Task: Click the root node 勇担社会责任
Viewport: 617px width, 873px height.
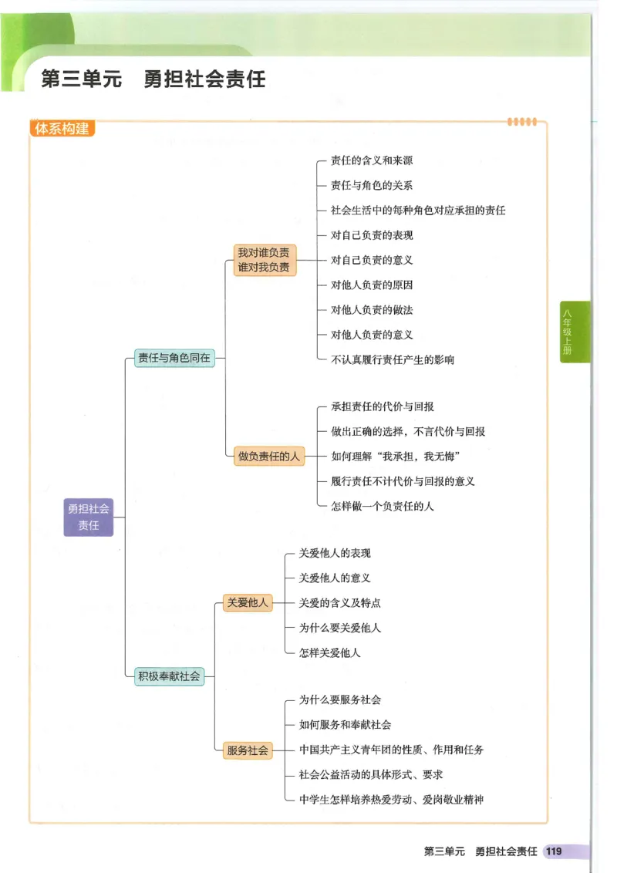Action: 89,517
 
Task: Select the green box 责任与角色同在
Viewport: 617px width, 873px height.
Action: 174,358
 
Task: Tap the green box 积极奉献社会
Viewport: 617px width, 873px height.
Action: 170,676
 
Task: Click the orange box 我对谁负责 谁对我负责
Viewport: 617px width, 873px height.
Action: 264,260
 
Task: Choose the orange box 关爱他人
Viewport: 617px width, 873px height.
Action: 248,602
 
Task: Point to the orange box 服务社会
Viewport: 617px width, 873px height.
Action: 248,750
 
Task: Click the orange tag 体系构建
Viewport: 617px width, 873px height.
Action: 62,129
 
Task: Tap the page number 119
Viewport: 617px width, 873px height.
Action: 554,851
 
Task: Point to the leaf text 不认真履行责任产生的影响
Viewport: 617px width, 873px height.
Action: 393,359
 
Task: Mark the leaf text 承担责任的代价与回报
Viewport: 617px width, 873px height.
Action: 383,406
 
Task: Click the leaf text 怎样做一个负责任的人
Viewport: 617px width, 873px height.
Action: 383,506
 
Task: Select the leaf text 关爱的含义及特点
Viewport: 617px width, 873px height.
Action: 340,602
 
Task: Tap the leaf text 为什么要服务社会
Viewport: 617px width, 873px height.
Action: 340,699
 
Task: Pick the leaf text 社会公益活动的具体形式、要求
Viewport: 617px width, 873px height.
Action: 371,774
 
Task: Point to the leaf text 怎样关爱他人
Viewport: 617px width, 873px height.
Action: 330,652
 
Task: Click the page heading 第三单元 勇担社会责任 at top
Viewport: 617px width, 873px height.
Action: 153,79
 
